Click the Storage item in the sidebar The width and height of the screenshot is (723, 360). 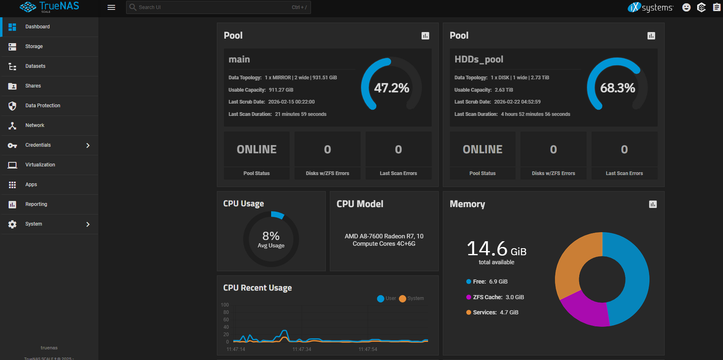coord(34,46)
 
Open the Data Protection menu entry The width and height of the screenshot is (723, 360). coord(43,106)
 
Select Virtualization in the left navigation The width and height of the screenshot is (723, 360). coord(40,165)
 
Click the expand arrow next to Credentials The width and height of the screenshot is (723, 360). coord(88,145)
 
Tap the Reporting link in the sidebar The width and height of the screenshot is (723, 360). coord(36,204)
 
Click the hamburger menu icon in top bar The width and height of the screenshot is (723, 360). coord(111,7)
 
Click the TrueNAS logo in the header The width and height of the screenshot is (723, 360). coord(49,7)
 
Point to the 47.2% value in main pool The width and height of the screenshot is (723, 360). coord(391,88)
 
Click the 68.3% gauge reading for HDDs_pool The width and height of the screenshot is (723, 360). coord(617,88)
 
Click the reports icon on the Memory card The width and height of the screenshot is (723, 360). coord(653,204)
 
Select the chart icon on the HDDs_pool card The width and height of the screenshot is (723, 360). coord(651,36)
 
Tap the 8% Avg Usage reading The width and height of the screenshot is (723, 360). coord(271,239)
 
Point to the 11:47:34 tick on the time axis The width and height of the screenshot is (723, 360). coord(302,349)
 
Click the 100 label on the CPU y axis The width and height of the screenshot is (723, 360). coord(225,305)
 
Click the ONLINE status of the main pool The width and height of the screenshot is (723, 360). coord(257,150)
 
